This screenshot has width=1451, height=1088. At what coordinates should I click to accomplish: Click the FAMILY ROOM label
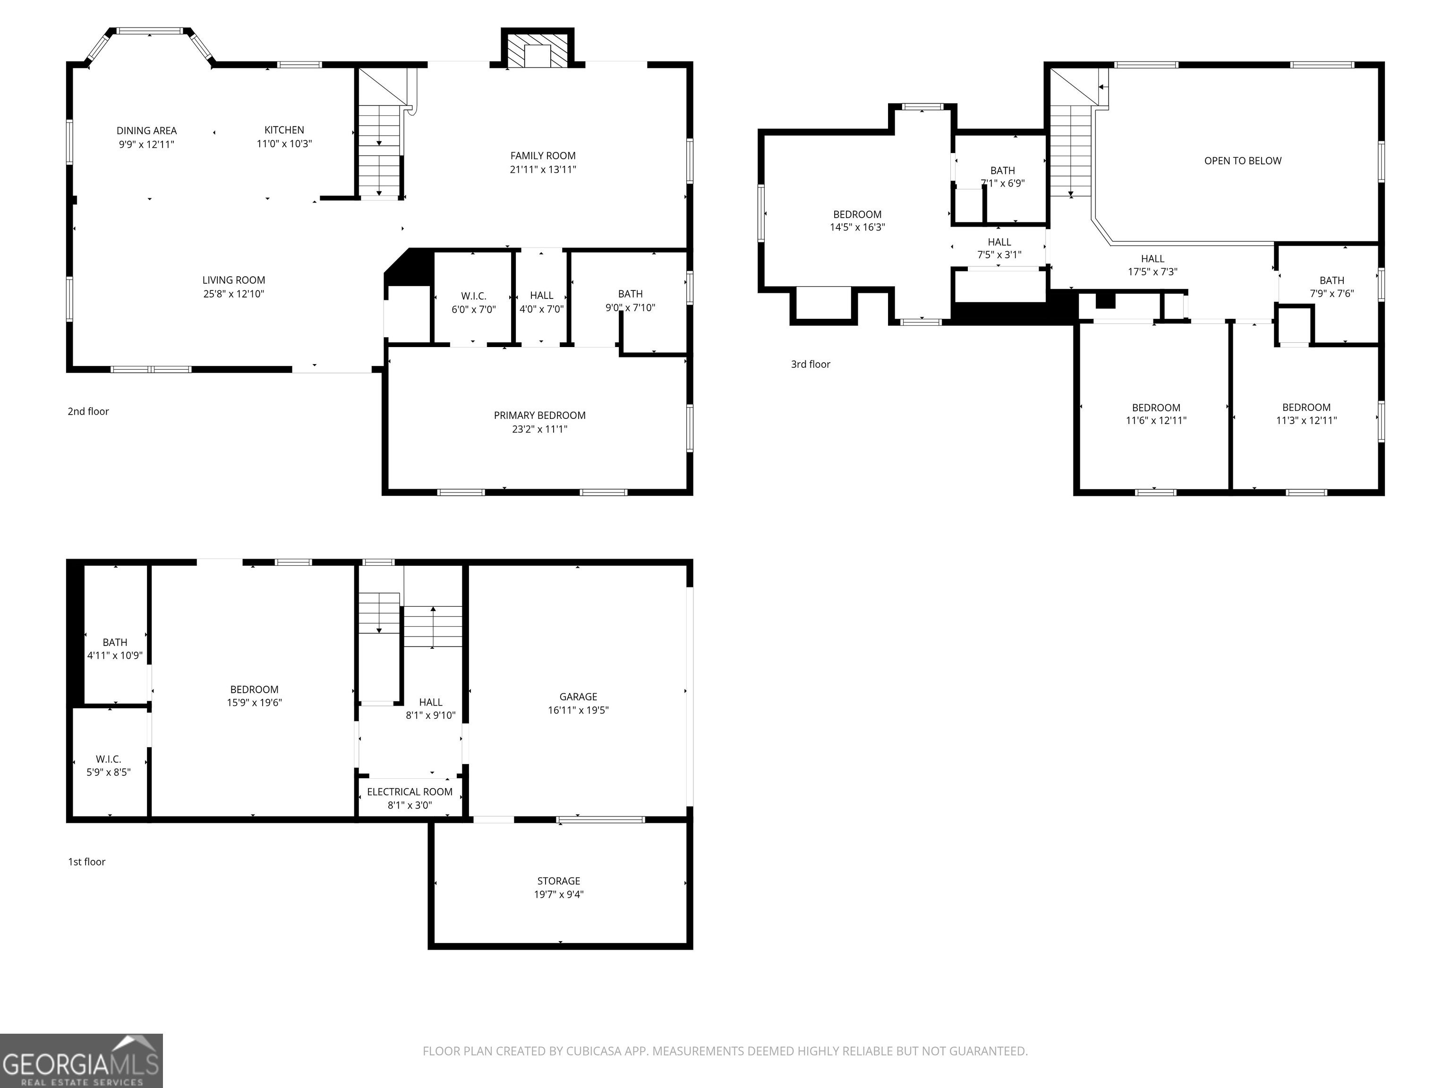pyautogui.click(x=543, y=155)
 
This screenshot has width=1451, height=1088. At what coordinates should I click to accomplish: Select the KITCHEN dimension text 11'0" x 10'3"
pyautogui.click(x=284, y=144)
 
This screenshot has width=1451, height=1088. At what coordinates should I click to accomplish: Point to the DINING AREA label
pyautogui.click(x=146, y=130)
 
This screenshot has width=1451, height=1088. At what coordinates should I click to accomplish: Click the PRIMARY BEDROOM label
pyautogui.click(x=539, y=415)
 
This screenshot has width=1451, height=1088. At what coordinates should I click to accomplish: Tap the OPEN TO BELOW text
pyautogui.click(x=1242, y=161)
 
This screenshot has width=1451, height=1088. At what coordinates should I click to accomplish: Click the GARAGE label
pyautogui.click(x=578, y=697)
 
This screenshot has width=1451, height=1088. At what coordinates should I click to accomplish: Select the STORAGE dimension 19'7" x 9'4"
pyautogui.click(x=558, y=894)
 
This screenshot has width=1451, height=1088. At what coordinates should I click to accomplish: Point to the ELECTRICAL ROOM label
pyautogui.click(x=410, y=791)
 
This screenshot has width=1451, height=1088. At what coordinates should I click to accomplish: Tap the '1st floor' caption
pyautogui.click(x=86, y=862)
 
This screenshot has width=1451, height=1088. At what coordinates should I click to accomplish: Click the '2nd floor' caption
pyautogui.click(x=88, y=411)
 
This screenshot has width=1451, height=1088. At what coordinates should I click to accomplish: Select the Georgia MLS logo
pyautogui.click(x=81, y=1061)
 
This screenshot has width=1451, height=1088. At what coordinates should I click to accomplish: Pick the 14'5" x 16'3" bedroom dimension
pyautogui.click(x=857, y=228)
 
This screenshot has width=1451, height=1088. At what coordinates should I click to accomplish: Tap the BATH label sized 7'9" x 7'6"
pyautogui.click(x=1332, y=280)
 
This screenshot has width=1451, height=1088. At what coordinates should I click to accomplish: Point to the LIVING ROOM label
pyautogui.click(x=233, y=280)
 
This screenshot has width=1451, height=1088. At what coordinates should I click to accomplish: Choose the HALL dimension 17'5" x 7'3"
pyautogui.click(x=1152, y=272)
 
